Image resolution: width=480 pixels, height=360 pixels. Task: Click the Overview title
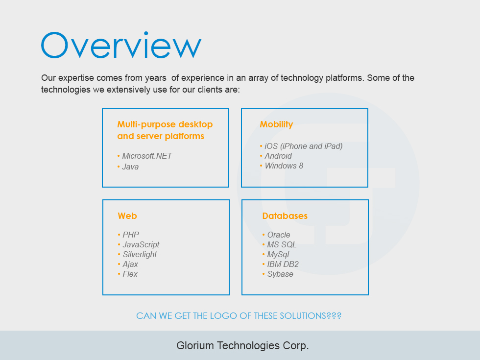121,45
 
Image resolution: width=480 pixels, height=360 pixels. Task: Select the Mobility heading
276,124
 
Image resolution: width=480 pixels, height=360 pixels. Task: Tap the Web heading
127,216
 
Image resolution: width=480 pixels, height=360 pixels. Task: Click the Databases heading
285,216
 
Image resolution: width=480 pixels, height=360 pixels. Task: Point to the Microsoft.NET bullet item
147,156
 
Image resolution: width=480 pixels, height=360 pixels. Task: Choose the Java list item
130,167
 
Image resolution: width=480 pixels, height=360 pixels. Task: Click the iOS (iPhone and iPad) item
304,146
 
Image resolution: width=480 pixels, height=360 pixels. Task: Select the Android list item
278,156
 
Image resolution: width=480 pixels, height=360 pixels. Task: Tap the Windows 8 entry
284,166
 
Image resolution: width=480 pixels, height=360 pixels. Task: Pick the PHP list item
131,235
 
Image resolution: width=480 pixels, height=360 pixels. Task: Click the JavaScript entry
141,244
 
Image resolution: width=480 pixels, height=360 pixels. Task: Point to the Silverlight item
140,254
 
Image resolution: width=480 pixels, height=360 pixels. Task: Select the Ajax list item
130,264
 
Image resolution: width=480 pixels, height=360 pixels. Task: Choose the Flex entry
130,274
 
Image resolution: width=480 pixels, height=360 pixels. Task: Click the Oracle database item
279,235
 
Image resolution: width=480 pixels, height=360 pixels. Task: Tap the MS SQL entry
282,244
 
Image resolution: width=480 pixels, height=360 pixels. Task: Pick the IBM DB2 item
283,264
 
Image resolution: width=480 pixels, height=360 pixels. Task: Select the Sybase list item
280,274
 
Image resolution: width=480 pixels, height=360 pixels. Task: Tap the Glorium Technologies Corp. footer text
242,346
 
